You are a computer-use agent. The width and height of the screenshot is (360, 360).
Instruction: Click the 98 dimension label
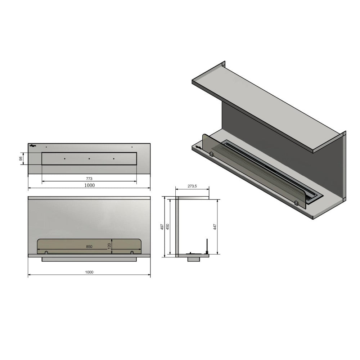coord(21,158)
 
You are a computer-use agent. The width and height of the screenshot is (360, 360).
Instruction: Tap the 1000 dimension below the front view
coord(89,272)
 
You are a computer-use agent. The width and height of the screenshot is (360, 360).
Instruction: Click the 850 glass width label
coord(89,247)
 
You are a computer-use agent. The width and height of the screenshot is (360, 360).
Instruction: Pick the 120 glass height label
coord(109,246)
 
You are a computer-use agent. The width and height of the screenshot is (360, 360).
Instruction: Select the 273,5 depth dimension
coord(192,186)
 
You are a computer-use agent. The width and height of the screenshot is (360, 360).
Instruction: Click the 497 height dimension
coord(162,226)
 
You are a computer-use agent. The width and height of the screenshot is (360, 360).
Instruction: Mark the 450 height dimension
coord(168,226)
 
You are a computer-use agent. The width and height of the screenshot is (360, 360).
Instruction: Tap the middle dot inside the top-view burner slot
coord(89,158)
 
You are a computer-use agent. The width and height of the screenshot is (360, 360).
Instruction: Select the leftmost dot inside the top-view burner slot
coord(64,158)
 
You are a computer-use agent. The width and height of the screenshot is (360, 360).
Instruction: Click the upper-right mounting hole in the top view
coord(132,147)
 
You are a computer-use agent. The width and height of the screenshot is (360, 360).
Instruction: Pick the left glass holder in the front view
coord(46,252)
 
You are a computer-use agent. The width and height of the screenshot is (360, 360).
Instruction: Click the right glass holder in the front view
coord(132,252)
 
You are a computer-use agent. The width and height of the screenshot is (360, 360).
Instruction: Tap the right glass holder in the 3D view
coord(296,203)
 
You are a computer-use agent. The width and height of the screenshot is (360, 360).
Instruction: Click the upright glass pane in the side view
coord(207,246)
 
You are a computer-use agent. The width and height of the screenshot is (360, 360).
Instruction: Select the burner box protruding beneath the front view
coord(89,259)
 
